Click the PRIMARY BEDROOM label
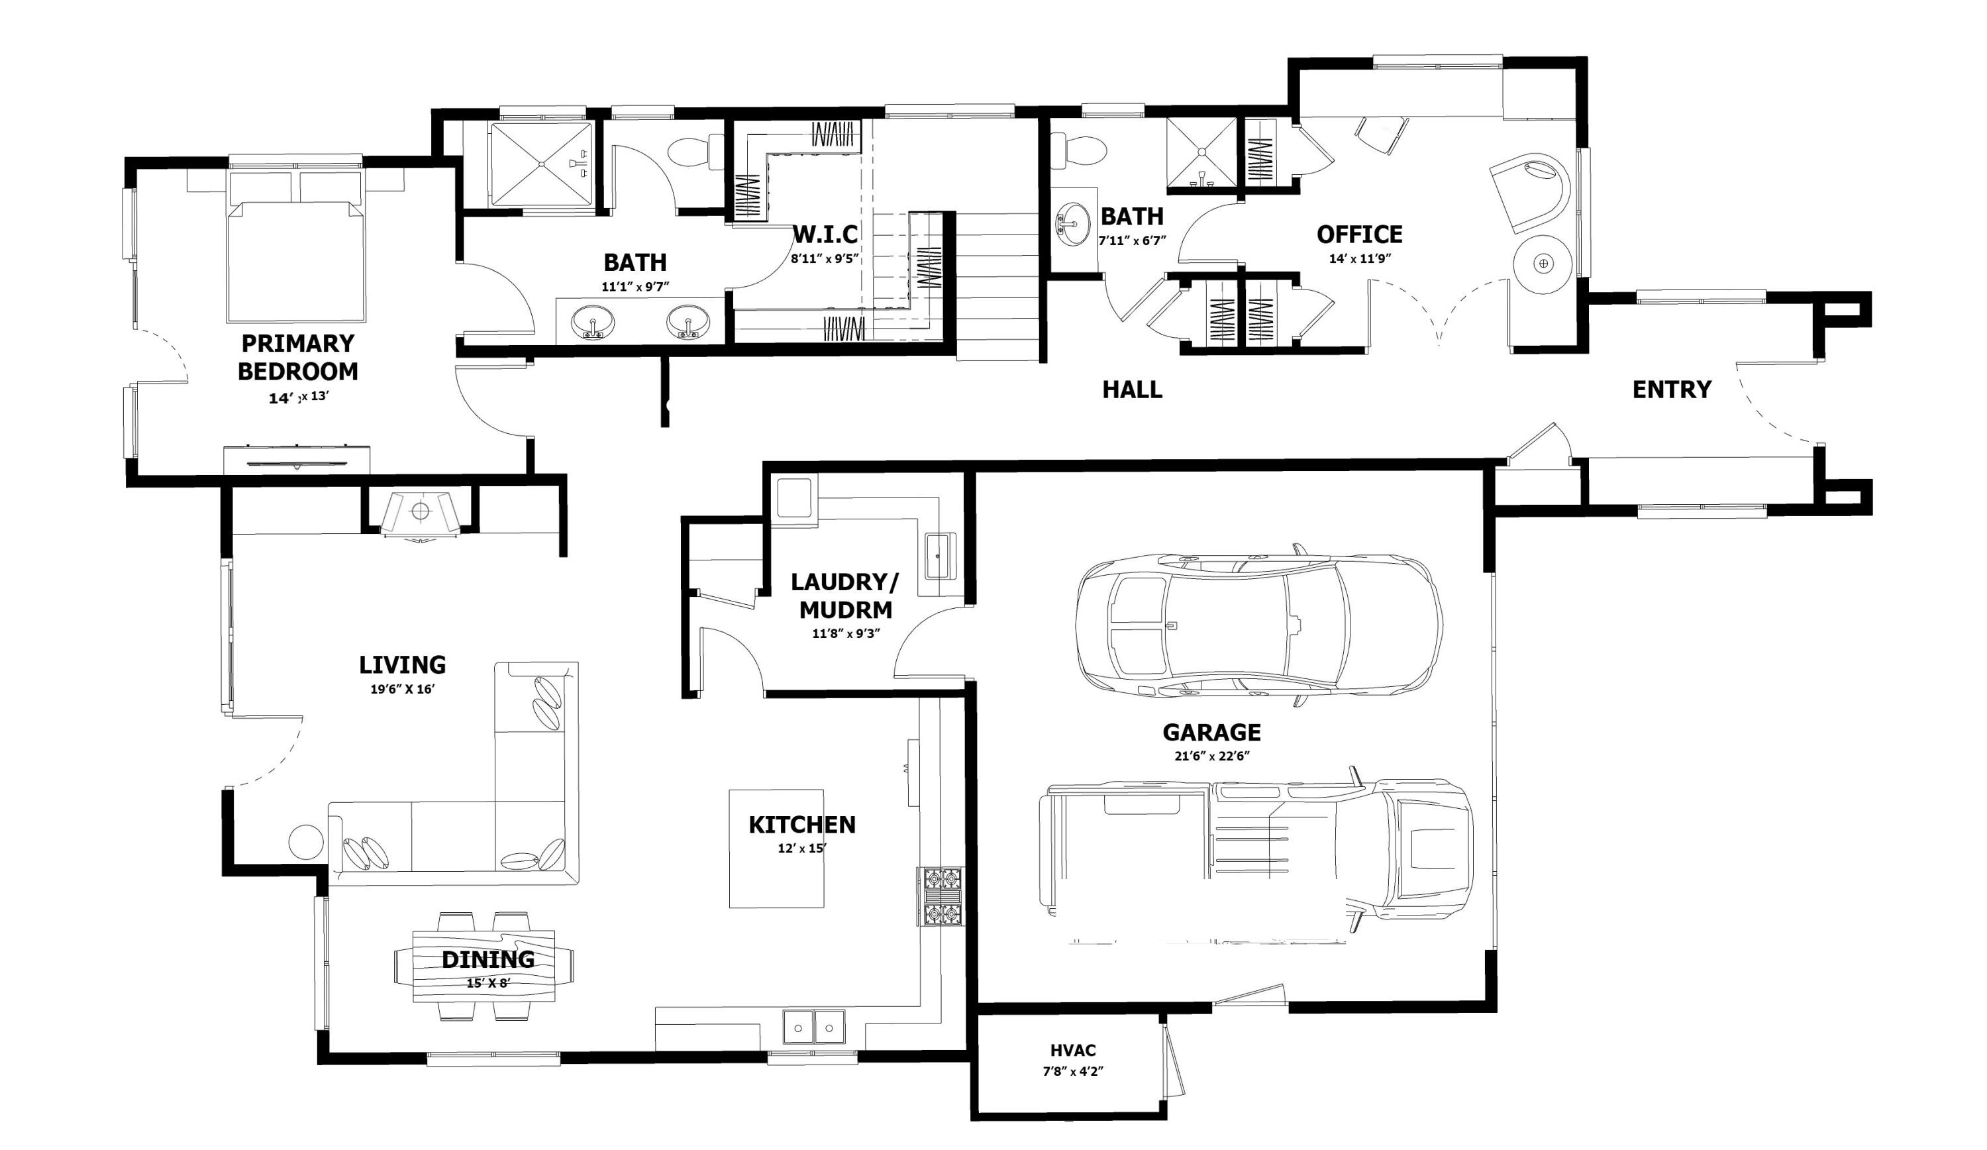click(x=298, y=357)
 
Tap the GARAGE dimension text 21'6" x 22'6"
click(x=1212, y=756)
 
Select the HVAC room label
click(x=1072, y=1051)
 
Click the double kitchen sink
click(x=813, y=1027)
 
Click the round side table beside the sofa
click(x=306, y=841)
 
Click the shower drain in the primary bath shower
click(x=542, y=164)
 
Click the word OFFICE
click(x=1359, y=235)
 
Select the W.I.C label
click(x=825, y=235)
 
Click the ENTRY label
click(x=1671, y=390)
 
